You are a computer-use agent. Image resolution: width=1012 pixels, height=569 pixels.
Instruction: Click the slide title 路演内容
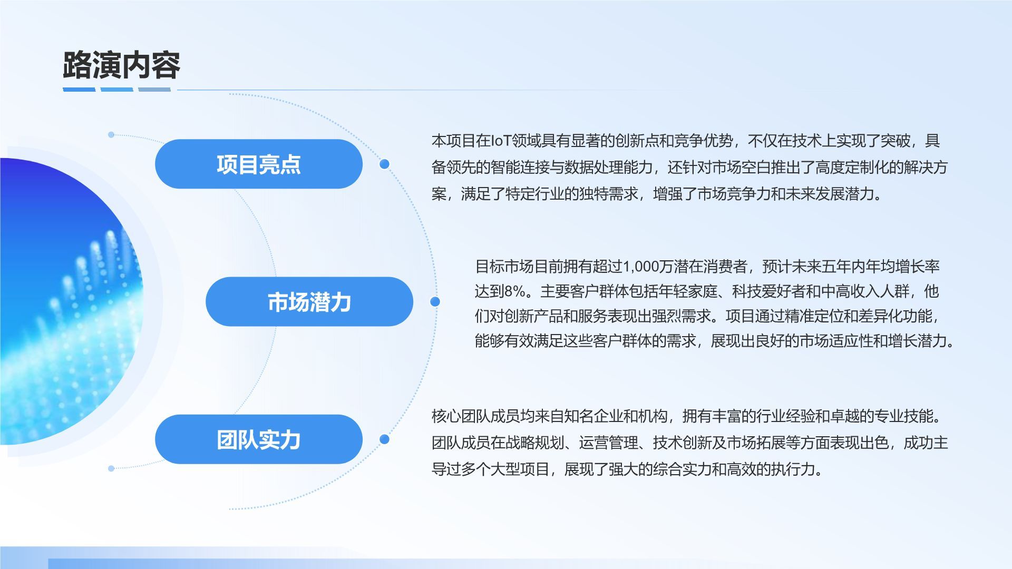[121, 65]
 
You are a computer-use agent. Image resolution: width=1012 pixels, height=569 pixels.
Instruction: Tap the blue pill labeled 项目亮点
[258, 164]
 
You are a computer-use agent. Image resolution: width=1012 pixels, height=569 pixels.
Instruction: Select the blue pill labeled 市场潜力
[309, 302]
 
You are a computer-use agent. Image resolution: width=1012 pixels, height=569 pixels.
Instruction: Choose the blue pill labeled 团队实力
[258, 439]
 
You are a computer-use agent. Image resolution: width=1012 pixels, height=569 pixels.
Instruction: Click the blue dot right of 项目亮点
[384, 164]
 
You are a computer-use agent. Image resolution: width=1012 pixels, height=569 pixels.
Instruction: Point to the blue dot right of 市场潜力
[435, 301]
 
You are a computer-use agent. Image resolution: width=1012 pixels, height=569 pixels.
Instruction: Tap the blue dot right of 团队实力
[384, 439]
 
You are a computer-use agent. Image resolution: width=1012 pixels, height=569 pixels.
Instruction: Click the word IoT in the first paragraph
[501, 141]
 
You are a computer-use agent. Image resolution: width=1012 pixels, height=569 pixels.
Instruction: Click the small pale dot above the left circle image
[111, 135]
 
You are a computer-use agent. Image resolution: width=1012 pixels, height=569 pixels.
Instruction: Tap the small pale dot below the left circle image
[111, 468]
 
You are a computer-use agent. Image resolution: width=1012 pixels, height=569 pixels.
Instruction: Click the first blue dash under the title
[79, 90]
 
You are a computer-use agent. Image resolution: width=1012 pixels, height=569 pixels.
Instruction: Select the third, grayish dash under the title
[154, 90]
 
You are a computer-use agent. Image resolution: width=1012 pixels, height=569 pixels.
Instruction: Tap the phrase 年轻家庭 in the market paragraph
[688, 291]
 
